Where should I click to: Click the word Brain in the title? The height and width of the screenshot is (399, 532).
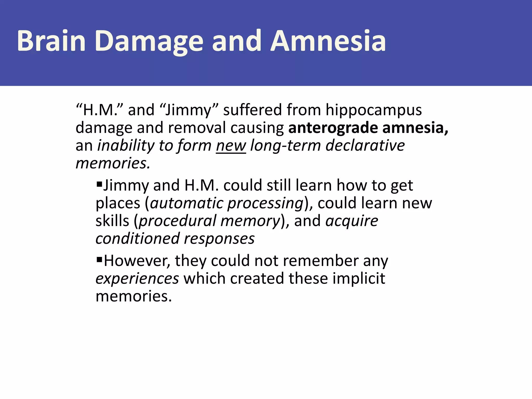[51, 41]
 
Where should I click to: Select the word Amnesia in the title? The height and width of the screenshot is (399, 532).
[328, 41]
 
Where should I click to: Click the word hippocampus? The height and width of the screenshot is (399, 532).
[374, 110]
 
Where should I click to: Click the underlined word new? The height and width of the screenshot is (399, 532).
[231, 145]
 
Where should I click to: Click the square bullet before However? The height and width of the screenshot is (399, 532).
[99, 259]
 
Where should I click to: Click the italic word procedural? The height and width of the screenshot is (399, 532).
[177, 221]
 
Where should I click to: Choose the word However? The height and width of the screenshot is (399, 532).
[137, 261]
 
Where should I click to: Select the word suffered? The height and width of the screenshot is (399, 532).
[252, 110]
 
